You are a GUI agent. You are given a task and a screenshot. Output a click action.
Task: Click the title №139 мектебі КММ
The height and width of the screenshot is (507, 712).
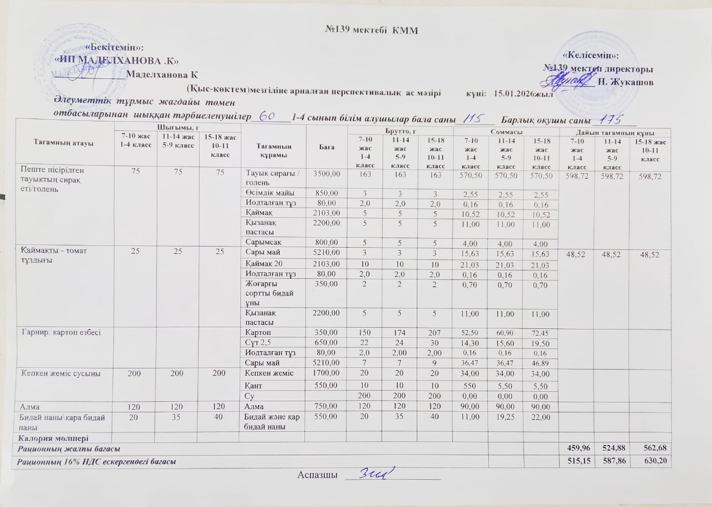371,29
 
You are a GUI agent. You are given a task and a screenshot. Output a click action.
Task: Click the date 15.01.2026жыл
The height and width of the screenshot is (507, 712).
523,95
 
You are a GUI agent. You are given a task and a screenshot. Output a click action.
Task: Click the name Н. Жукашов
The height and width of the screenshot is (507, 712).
625,82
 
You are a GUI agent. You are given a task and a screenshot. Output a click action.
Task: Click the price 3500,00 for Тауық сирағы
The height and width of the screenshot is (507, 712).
327,174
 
